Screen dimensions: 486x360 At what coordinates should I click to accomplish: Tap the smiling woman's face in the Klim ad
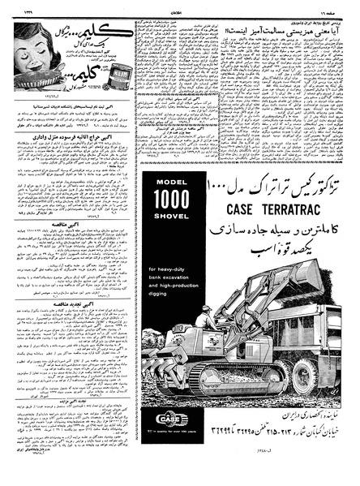[32, 40]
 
